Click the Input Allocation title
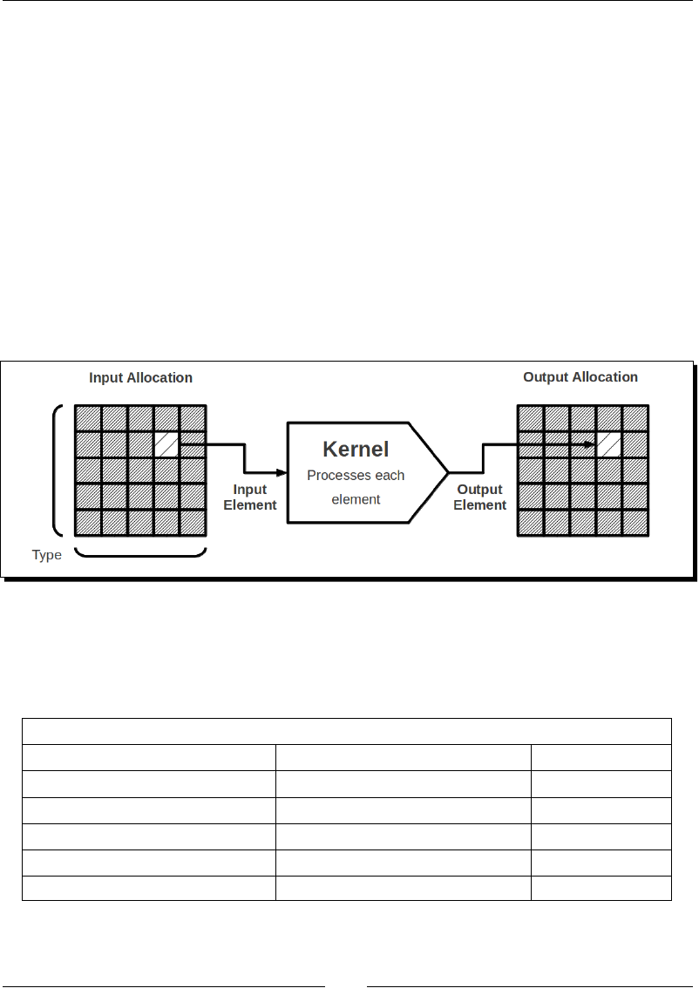(x=140, y=378)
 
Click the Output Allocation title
(x=580, y=377)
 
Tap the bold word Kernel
(x=356, y=450)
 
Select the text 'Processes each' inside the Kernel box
(x=356, y=476)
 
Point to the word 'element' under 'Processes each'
(x=356, y=499)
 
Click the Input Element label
(x=250, y=497)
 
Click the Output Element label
(x=479, y=497)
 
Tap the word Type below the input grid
(x=47, y=555)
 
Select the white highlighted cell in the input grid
(x=166, y=444)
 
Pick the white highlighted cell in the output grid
(x=609, y=444)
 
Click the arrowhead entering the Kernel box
(x=281, y=472)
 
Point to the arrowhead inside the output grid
(x=590, y=445)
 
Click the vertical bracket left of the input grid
(x=58, y=470)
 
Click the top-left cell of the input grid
(x=88, y=418)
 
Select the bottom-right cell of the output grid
(x=635, y=523)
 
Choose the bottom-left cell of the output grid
(x=531, y=523)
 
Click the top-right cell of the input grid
(x=193, y=418)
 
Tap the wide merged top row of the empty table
(x=346, y=732)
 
